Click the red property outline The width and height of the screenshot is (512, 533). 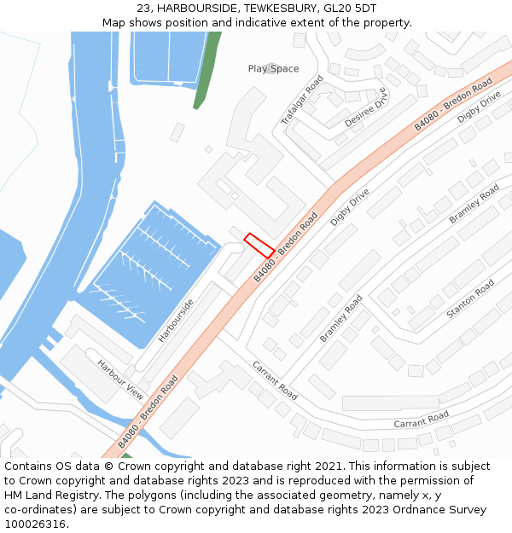tap(259, 246)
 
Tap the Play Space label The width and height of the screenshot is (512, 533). tap(273, 68)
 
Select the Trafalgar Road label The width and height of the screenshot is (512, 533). tap(302, 101)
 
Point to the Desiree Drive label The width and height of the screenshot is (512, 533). tap(366, 107)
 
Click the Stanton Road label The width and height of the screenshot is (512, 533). tap(470, 299)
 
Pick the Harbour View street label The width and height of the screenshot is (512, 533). tap(120, 380)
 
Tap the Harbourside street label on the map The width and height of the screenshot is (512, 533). tap(176, 320)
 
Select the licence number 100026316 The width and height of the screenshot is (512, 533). tap(35, 524)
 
